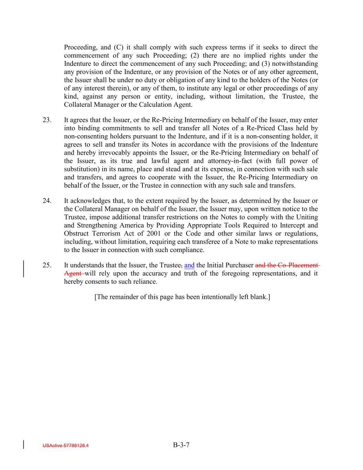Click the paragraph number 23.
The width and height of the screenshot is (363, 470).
pos(47,120)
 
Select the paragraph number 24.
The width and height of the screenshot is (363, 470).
pos(47,201)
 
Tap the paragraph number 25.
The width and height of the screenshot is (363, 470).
pos(47,265)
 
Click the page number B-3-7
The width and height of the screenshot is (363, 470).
pos(181,445)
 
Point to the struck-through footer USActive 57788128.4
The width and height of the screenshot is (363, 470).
pos(66,446)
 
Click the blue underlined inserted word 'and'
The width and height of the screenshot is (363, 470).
pos(189,265)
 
